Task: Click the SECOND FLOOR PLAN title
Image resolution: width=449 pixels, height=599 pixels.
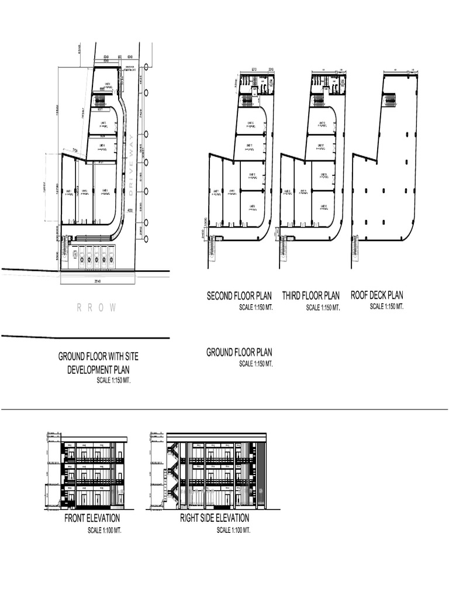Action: point(239,296)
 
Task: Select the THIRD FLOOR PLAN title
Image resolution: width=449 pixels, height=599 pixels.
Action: point(310,296)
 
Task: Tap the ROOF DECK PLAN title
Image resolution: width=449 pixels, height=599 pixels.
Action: point(377,295)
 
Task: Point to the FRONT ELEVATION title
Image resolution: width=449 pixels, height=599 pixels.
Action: point(92,518)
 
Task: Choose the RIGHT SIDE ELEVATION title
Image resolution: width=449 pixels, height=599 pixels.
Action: point(215,518)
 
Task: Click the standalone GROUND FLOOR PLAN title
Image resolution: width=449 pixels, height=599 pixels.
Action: point(239,352)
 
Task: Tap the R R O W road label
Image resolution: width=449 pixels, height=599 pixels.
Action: point(97,308)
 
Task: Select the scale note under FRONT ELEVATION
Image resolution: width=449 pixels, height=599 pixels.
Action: point(105,531)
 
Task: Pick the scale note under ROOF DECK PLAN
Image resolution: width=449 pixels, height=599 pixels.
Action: point(387,307)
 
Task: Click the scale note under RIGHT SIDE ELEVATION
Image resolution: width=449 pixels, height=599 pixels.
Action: point(233,531)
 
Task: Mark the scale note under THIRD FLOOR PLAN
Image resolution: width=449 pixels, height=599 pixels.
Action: point(323,308)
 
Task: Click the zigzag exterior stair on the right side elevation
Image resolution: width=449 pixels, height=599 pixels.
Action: point(173,471)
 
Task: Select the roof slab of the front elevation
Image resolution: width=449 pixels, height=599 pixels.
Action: point(94,438)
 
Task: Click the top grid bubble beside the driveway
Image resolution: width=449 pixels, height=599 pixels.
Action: point(146,92)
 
